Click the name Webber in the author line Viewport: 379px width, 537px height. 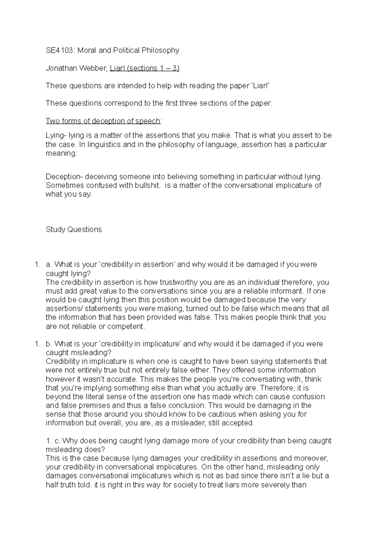(x=94, y=68)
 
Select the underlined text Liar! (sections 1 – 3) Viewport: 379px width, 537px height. (x=144, y=68)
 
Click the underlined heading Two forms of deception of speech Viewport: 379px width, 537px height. (x=103, y=121)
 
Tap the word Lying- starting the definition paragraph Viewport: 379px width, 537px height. (x=56, y=136)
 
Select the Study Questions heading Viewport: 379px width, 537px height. (x=74, y=229)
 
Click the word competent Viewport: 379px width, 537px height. (x=126, y=326)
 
